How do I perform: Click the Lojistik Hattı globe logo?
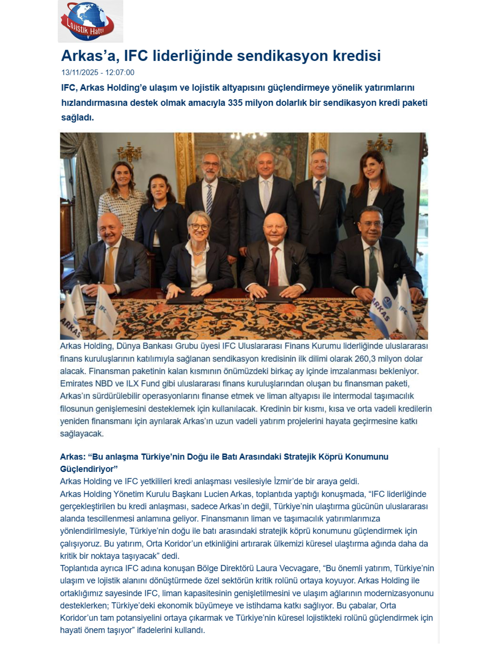coord(88,21)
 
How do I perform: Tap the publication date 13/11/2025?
coord(80,73)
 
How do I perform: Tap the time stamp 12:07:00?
coord(120,73)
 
